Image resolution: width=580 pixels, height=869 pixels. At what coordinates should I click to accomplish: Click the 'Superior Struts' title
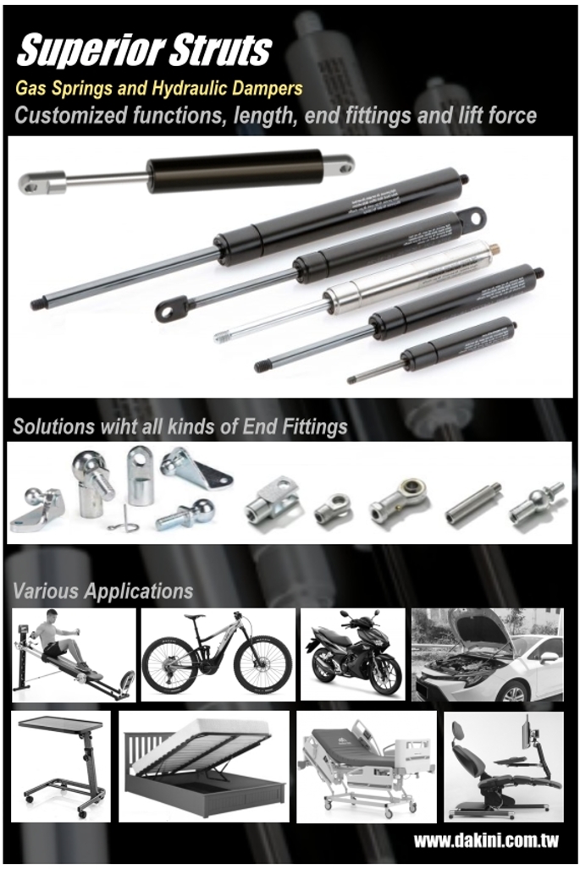(x=144, y=51)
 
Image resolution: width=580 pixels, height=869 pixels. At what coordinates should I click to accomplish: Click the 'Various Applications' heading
(x=102, y=591)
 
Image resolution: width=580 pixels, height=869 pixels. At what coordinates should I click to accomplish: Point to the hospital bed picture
(x=365, y=767)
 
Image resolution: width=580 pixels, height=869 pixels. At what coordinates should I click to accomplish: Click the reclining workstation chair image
(x=503, y=767)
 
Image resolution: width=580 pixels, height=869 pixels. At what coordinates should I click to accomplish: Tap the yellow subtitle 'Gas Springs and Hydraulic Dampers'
(x=158, y=87)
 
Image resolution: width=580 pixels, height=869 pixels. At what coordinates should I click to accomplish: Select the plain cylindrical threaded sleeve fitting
(x=472, y=503)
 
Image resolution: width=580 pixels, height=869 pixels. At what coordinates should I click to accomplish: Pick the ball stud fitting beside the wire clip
(x=185, y=514)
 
